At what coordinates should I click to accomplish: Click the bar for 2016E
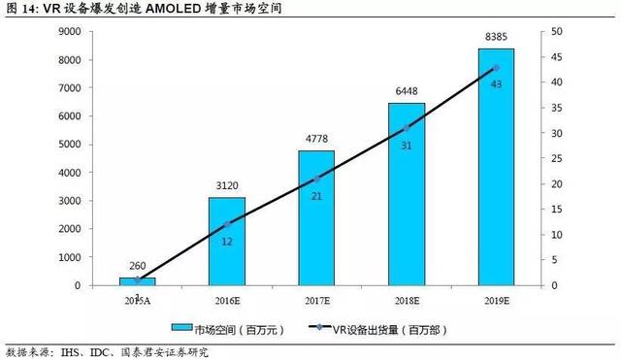(x=226, y=242)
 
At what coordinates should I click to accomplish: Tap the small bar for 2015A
(x=137, y=281)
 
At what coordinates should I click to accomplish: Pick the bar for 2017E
(x=316, y=218)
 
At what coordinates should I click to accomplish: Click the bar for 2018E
(x=407, y=194)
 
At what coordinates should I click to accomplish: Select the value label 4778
(x=316, y=141)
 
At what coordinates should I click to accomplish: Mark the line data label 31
(x=407, y=144)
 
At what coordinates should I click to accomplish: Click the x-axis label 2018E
(x=407, y=301)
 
